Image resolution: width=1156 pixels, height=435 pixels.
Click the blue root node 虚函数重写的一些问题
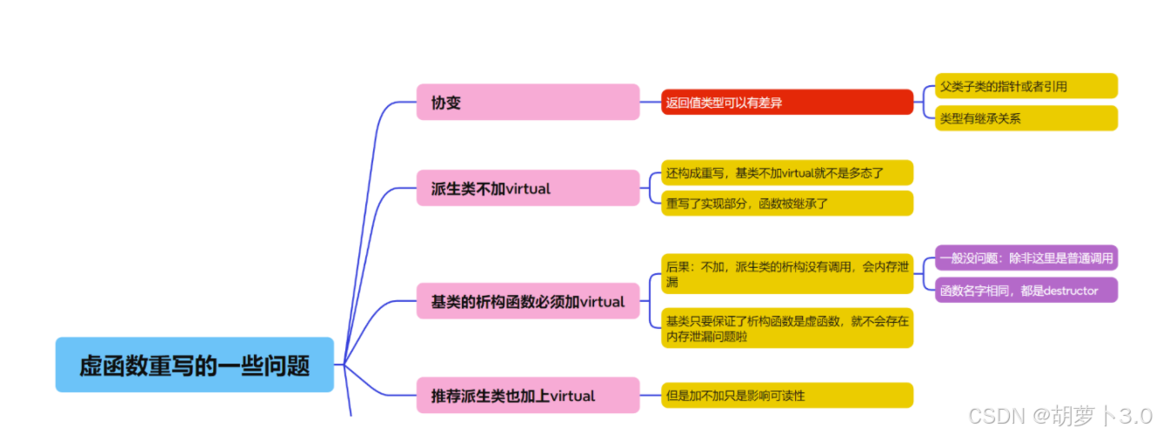[194, 365]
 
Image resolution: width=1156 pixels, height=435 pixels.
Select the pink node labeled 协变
[528, 102]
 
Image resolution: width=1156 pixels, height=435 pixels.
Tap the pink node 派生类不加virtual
[528, 188]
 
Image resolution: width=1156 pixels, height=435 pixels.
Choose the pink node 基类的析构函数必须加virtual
[528, 301]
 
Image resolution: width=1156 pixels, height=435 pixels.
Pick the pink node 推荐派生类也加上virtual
[528, 395]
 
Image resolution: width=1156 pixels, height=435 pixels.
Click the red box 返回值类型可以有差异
[786, 102]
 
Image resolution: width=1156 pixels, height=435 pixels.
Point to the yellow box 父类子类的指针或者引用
[1026, 86]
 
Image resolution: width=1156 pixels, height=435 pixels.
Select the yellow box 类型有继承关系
[1026, 118]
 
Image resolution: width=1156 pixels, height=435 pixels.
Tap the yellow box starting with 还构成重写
[786, 172]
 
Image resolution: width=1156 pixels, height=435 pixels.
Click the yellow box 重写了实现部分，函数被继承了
[786, 204]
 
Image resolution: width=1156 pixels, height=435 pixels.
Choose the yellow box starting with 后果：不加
[786, 273]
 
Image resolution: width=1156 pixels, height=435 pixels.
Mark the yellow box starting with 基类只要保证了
[786, 328]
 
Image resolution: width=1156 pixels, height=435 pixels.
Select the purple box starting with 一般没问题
[1026, 258]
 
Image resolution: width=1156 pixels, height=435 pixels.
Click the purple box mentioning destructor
[1026, 290]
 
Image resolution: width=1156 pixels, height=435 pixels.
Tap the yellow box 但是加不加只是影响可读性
[786, 395]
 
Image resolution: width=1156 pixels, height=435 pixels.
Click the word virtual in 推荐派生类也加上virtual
[573, 396]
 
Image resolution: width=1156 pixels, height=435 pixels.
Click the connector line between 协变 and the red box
[651, 102]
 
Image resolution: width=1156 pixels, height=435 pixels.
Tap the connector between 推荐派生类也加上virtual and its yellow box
[651, 395]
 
